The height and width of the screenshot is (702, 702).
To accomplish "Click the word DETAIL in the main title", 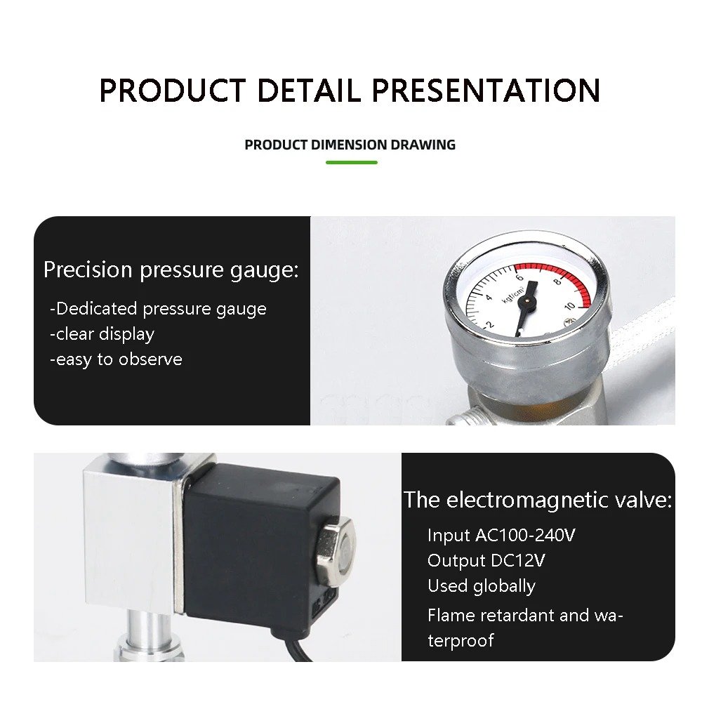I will [x=309, y=91].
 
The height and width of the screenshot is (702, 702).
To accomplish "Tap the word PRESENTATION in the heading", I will [x=486, y=91].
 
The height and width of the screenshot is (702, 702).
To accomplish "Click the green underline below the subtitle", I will [x=352, y=162].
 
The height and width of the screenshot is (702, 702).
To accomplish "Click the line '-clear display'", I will [x=102, y=334].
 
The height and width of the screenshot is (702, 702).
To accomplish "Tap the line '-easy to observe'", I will [x=116, y=359].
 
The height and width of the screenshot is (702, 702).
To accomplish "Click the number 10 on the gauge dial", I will [x=570, y=306].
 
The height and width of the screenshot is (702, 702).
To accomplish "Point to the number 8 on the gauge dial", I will [x=558, y=282].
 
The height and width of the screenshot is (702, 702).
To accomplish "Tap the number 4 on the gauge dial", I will [x=489, y=298].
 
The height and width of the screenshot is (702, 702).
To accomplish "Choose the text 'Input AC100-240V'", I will [x=501, y=536].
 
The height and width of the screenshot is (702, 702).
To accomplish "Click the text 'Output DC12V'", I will [x=486, y=561].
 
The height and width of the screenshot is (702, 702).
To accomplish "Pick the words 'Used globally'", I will [x=481, y=586].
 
